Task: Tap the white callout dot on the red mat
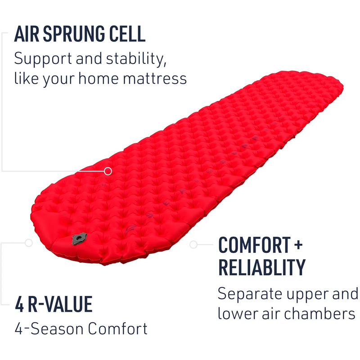[x=108, y=171]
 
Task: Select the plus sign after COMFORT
[x=298, y=245]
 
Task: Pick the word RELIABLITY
[x=262, y=267]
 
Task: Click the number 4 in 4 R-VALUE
[x=19, y=305]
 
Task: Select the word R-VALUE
[x=60, y=305]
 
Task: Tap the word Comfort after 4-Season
[x=117, y=328]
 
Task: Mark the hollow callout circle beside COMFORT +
[x=194, y=244]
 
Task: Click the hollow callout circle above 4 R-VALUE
[x=29, y=243]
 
